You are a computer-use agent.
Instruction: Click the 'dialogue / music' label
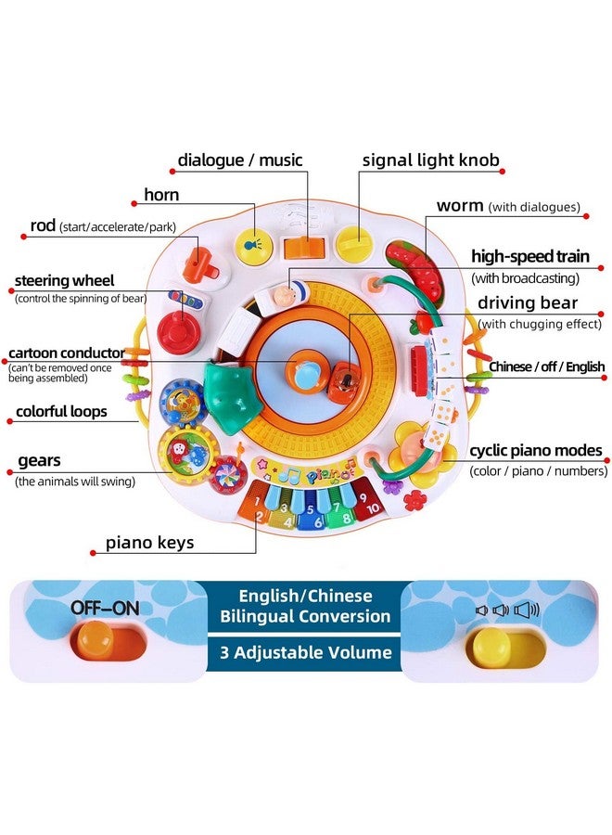239,160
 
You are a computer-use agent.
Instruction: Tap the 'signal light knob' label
430,161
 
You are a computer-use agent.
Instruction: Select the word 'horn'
161,195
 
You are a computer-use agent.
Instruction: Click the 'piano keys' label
149,543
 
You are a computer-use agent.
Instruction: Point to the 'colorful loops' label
61,412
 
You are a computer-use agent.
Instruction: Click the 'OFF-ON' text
105,608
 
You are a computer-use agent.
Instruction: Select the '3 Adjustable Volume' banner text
305,652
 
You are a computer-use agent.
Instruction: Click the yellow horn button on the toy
253,247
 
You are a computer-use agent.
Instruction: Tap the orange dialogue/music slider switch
304,247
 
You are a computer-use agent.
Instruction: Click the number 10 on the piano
373,508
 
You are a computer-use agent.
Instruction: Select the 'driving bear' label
528,303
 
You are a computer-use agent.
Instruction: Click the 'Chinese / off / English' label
546,366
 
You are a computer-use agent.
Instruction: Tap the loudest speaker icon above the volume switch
527,610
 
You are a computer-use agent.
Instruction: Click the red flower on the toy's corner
414,501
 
